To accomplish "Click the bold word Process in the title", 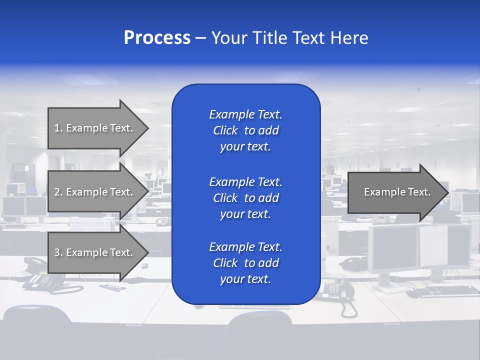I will click(157, 38).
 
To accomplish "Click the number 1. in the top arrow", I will click(58, 128).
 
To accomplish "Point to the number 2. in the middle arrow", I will click(58, 192).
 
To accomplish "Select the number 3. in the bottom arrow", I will click(58, 252).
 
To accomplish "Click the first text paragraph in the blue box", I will click(245, 130).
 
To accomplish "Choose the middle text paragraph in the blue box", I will click(245, 197).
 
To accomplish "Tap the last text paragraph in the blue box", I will click(245, 263).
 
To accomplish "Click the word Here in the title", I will click(350, 38).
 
